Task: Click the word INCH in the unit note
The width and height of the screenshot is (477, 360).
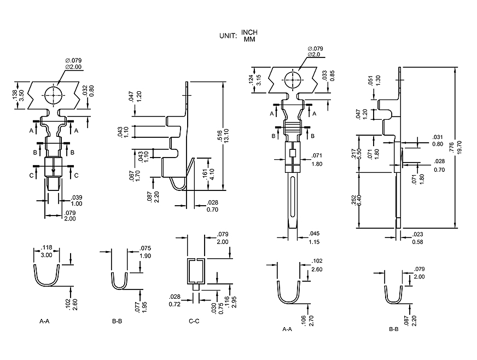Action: (x=249, y=33)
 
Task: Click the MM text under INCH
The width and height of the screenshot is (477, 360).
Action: (x=249, y=39)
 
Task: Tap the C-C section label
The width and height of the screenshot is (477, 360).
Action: (x=194, y=321)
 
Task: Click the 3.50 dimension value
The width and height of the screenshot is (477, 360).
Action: (x=21, y=94)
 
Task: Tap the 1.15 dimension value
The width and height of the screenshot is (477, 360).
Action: (x=313, y=242)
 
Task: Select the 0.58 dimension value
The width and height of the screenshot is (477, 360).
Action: (x=417, y=242)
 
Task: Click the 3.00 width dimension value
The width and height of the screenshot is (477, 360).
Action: (x=47, y=255)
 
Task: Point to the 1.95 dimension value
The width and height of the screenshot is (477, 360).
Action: (x=144, y=307)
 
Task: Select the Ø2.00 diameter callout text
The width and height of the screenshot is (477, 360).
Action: (x=73, y=67)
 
